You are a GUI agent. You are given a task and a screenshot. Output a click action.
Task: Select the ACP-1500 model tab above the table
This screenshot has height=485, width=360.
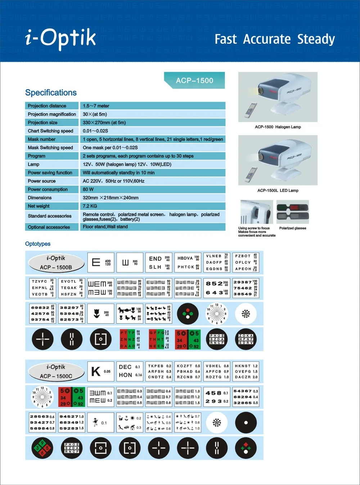pos(194,80)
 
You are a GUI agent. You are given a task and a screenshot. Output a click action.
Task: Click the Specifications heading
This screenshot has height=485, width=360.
pos(51,93)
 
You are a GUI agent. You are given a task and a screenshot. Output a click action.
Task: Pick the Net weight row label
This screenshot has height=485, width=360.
pos(39,206)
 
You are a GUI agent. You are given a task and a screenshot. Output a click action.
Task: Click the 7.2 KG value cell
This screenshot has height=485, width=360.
pos(90,206)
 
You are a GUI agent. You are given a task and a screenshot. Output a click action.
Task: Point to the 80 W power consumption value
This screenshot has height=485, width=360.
pos(88,190)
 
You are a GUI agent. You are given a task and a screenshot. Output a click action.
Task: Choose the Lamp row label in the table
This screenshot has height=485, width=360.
pos(34,164)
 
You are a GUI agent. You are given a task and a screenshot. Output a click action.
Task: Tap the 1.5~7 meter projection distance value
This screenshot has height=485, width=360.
pos(96,106)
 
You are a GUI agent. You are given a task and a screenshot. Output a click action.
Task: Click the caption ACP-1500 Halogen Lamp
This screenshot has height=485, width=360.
pos(278,127)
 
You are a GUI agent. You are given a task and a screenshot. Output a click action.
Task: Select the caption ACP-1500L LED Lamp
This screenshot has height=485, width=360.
pos(278,190)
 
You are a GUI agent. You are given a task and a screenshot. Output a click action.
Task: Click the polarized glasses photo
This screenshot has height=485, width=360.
pos(292,212)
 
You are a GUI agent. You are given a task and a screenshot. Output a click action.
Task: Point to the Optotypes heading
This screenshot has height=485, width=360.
pos(38,244)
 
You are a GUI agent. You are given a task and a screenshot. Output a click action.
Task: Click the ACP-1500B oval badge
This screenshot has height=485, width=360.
pos(56,263)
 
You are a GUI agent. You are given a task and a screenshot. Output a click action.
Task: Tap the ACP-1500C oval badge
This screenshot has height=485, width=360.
pos(56,371)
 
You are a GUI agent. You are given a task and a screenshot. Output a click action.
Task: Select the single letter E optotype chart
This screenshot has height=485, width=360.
pos(101,262)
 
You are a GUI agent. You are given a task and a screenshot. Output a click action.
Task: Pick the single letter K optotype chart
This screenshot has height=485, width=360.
pos(101,371)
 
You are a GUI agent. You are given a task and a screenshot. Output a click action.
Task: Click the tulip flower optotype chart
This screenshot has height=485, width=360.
pos(101,313)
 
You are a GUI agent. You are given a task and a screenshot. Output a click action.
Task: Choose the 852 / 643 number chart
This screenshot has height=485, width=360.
pos(217,288)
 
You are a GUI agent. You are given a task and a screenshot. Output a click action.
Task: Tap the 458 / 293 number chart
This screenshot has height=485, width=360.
pos(217,397)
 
